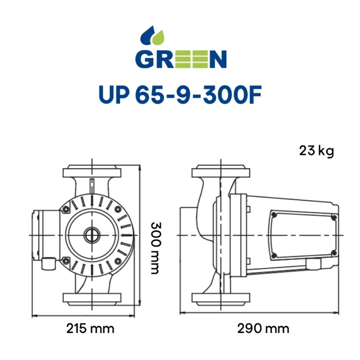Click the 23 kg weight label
pos(316,151)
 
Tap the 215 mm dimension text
pos(90,328)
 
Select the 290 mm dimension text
pos(263,328)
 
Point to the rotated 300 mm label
pos(156,248)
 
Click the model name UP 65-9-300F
pos(180,94)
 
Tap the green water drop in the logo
pos(159,37)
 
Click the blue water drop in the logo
pos(148,35)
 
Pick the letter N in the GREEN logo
pos(218,59)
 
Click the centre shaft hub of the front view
pos(92,235)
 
